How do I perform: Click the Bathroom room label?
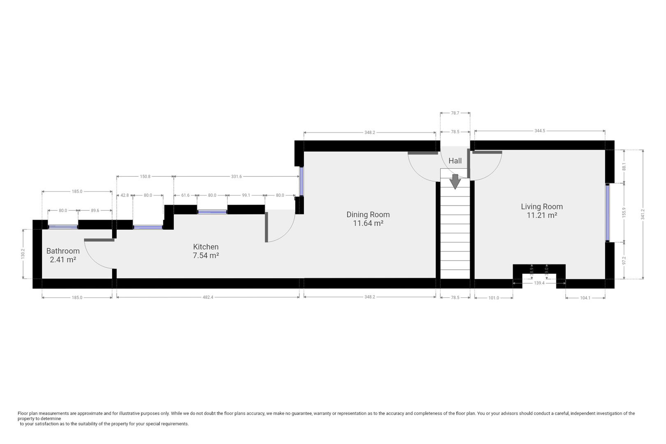(x=63, y=251)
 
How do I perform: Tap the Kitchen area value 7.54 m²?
(x=206, y=256)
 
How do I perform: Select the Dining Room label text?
(x=368, y=214)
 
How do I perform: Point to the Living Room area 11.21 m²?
(x=542, y=215)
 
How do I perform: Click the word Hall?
(x=455, y=161)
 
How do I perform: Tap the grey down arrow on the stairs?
(x=455, y=181)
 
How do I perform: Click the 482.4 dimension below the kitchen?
(x=208, y=297)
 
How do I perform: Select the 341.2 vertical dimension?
(x=643, y=214)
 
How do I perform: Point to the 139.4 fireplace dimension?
(x=539, y=283)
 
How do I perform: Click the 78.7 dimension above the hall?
(x=455, y=113)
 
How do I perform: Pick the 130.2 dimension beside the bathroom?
(x=23, y=254)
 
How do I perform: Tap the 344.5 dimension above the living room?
(x=539, y=131)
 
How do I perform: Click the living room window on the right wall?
(x=607, y=213)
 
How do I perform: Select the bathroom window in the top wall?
(x=63, y=227)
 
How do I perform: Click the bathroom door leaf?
(x=99, y=240)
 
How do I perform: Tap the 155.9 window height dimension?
(x=624, y=212)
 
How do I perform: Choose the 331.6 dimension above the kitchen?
(x=236, y=176)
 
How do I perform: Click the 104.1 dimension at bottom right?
(x=585, y=298)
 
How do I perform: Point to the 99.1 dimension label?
(x=245, y=195)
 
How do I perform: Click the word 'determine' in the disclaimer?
(x=50, y=419)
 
